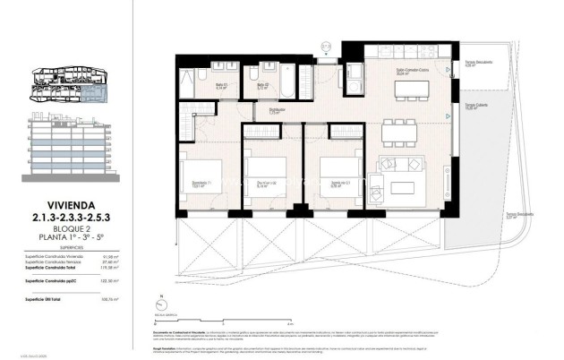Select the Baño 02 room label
262,87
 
